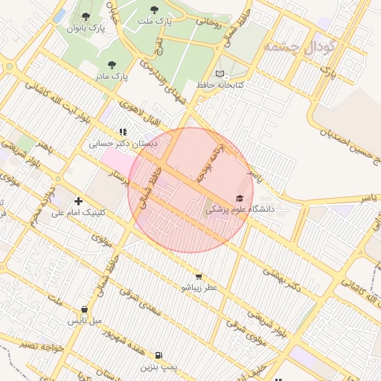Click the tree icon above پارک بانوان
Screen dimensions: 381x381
pyautogui.click(x=86, y=16)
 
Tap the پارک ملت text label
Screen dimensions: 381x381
pyautogui.click(x=154, y=22)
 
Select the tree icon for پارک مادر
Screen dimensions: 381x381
pyautogui.click(x=112, y=65)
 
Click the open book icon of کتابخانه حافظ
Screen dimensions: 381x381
pyautogui.click(x=220, y=74)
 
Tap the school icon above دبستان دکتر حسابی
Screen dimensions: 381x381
pyautogui.click(x=123, y=132)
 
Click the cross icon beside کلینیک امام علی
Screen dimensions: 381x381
pyautogui.click(x=78, y=201)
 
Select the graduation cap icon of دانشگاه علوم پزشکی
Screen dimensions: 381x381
pyautogui.click(x=239, y=198)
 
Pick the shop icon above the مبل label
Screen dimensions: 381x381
pyautogui.click(x=84, y=310)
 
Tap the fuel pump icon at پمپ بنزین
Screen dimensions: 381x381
pyautogui.click(x=159, y=356)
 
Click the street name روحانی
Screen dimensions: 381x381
pyautogui.click(x=208, y=22)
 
